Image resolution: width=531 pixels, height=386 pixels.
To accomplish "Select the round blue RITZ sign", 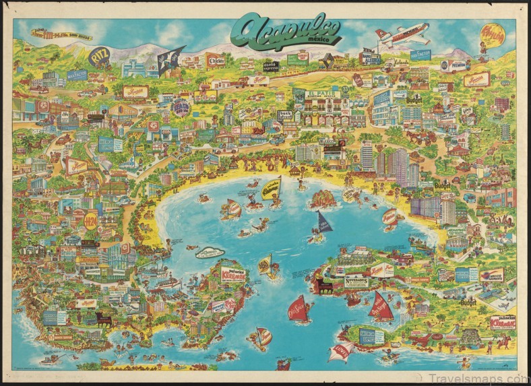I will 99,58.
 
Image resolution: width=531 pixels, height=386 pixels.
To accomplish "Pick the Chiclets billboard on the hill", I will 216,60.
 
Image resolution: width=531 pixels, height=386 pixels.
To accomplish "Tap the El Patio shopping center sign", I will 320,95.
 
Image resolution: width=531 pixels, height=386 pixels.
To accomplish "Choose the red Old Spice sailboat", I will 299,309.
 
